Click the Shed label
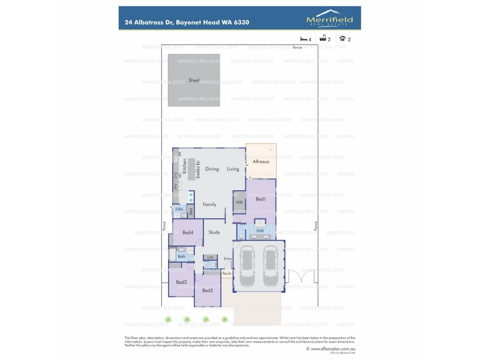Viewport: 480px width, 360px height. click(x=194, y=80)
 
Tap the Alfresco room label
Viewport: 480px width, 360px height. click(x=260, y=162)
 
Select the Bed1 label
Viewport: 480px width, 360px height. click(x=261, y=199)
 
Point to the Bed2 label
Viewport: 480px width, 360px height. click(x=208, y=290)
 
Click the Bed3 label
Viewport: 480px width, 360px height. click(x=181, y=282)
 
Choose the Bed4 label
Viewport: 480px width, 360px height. click(x=187, y=232)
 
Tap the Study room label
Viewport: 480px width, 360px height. click(x=214, y=232)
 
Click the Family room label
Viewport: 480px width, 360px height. click(x=209, y=205)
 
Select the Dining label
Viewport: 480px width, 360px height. click(x=212, y=169)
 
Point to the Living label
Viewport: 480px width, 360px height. click(x=233, y=169)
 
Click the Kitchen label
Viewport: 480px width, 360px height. click(x=185, y=166)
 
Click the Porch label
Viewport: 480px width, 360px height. click(x=227, y=274)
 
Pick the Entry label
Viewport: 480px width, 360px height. click(x=227, y=259)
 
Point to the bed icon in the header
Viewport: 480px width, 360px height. click(x=304, y=38)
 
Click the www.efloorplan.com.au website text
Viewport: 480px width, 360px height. click(x=334, y=347)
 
